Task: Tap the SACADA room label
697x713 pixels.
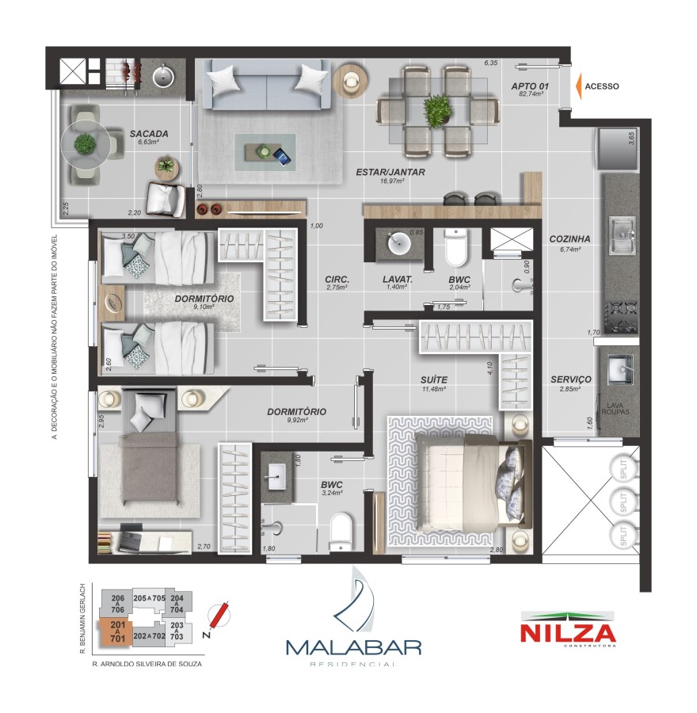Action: pyautogui.click(x=149, y=134)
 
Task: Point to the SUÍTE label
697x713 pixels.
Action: pyautogui.click(x=433, y=380)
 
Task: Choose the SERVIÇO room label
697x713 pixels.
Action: pyautogui.click(x=570, y=380)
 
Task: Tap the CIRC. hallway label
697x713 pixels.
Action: pyautogui.click(x=337, y=279)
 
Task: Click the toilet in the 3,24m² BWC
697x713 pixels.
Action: pyautogui.click(x=341, y=532)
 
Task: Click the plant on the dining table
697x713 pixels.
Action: pyautogui.click(x=436, y=110)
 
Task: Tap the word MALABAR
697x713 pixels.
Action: pyautogui.click(x=352, y=646)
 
